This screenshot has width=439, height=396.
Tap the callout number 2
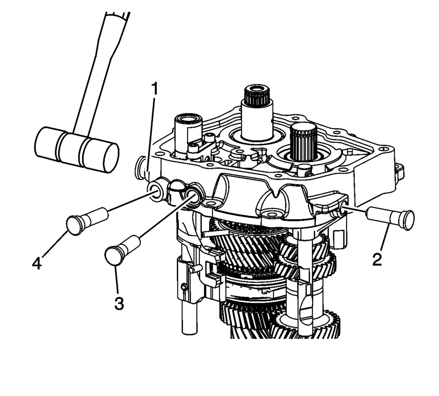pos(377,259)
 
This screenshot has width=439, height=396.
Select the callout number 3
pos(119,303)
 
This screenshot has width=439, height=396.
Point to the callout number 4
pos(37,263)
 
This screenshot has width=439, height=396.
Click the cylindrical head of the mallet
pos(76,149)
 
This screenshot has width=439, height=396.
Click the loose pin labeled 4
pos(87,221)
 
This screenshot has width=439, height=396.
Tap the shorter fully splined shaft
pos(303,141)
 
